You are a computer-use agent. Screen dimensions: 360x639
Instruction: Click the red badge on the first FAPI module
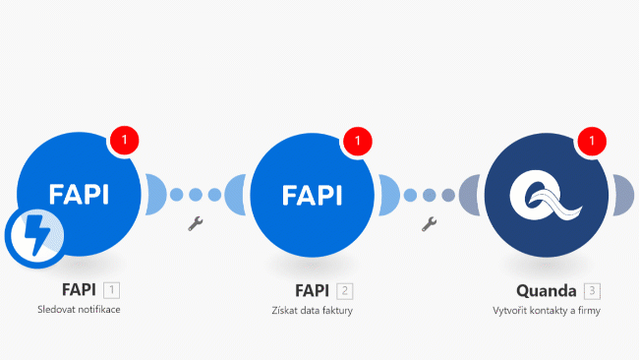125,141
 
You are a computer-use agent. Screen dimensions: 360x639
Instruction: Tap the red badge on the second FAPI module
358,141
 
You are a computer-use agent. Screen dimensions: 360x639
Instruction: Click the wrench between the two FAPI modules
194,224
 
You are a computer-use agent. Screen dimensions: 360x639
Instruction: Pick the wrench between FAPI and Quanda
429,224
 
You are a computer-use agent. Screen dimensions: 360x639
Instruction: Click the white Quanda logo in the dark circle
547,195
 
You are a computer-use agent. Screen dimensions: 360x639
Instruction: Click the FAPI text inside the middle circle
313,195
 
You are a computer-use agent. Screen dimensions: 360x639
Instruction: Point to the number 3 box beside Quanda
591,290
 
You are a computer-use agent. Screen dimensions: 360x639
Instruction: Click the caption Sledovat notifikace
78,311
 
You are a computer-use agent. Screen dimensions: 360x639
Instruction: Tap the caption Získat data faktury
312,311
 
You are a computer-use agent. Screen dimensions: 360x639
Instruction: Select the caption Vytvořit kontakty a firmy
547,311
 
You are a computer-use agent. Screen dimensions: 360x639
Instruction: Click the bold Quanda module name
546,290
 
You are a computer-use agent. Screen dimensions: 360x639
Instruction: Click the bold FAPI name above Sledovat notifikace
78,290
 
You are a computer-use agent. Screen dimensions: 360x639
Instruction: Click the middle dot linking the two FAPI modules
196,195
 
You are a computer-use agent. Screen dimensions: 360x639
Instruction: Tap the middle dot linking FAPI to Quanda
430,195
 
